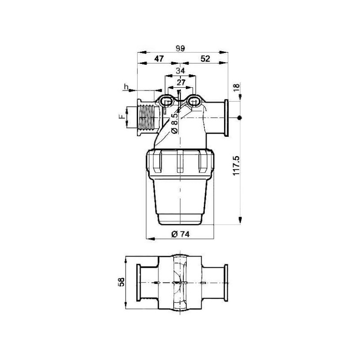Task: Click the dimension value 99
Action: click(x=180, y=49)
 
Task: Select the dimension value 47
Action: click(x=159, y=59)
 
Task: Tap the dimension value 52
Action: click(x=205, y=59)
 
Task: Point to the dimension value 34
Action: click(x=180, y=71)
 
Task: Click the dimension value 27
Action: click(x=181, y=82)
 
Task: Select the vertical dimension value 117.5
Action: click(x=236, y=166)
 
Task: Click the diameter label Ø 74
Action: click(x=180, y=234)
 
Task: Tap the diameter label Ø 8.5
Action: click(x=175, y=123)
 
